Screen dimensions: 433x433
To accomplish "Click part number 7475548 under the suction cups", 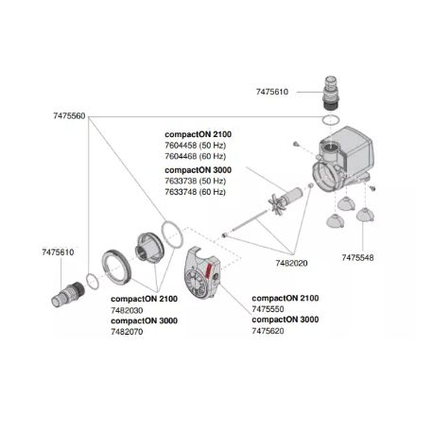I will pyautogui.click(x=356, y=257).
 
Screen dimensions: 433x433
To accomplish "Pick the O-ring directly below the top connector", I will pyautogui.click(x=327, y=122).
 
